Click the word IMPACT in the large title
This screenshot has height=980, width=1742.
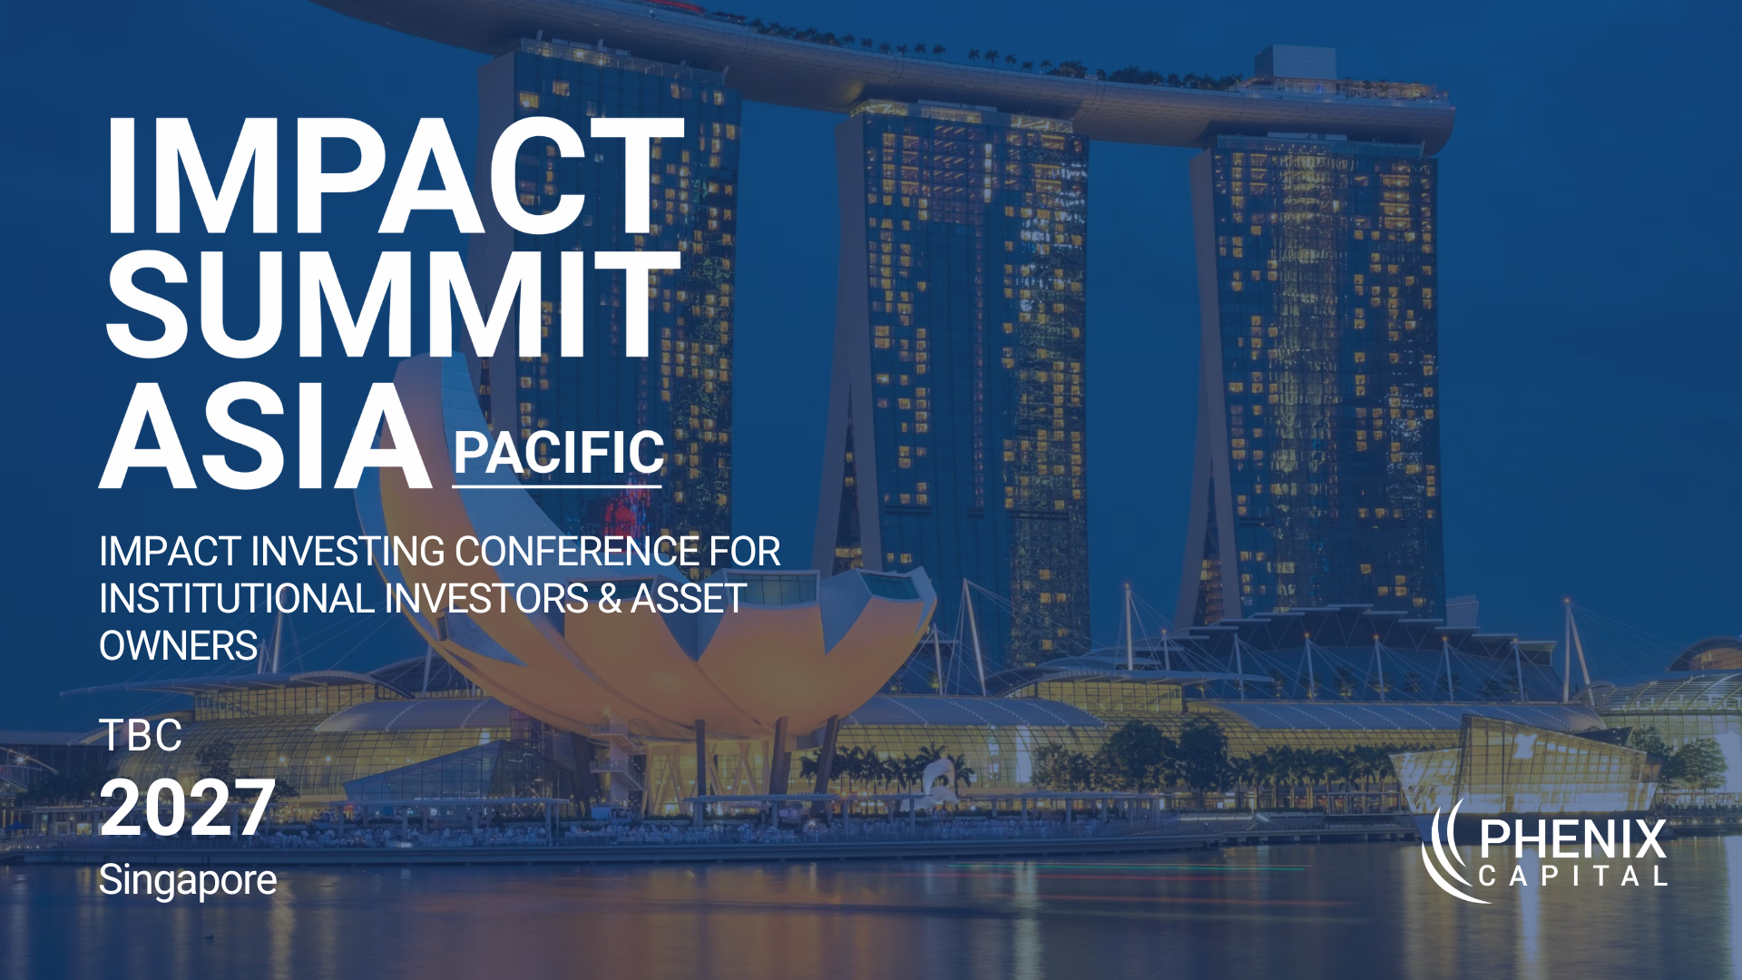coord(392,177)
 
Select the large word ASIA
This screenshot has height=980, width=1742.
coord(265,437)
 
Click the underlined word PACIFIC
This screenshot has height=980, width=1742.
coord(558,453)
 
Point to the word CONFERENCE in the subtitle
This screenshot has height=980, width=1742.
coord(577,552)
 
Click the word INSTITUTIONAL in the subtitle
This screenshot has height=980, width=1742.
coord(236,599)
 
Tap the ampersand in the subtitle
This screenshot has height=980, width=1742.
coord(610,599)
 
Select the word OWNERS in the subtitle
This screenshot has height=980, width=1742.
coord(178,646)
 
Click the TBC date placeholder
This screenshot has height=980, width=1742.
coord(141,735)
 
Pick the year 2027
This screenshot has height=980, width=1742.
coord(187,808)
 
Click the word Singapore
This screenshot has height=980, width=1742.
coord(187,880)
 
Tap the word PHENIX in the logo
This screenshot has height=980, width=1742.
coord(1572,839)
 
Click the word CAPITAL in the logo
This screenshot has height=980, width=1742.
coord(1572,877)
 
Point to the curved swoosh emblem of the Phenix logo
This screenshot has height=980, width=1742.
coord(1447,853)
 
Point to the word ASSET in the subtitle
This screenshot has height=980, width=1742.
coord(689,599)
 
